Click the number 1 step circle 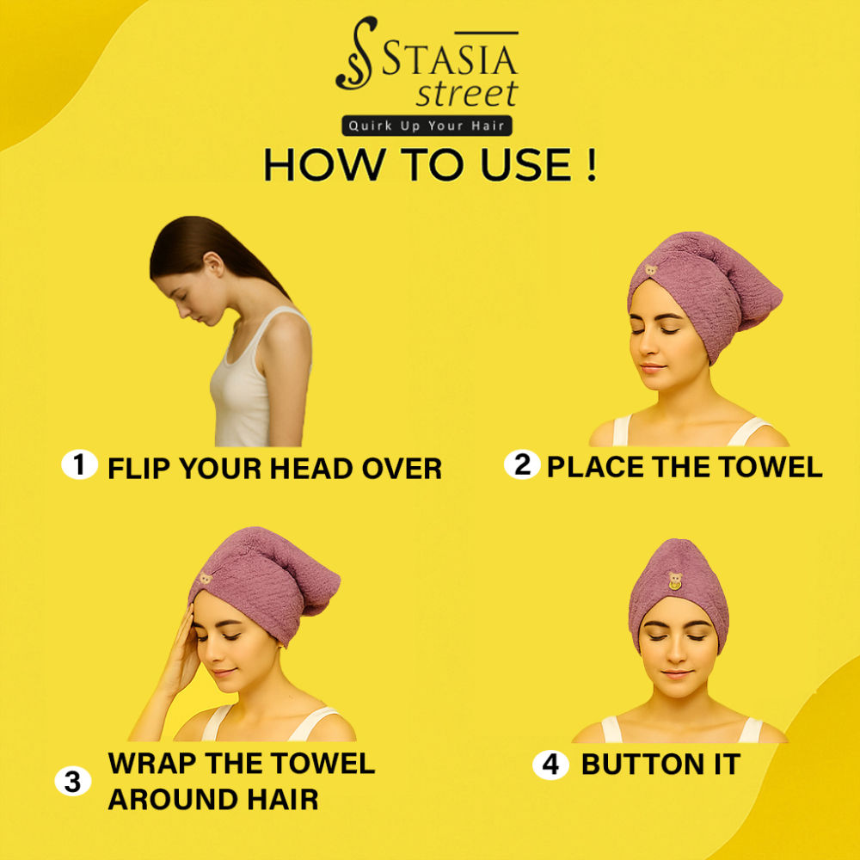pos(79,464)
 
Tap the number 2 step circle pos(522,464)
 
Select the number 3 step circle pos(73,781)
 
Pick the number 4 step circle pos(550,765)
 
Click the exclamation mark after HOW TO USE pos(591,165)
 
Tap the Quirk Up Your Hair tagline pos(427,126)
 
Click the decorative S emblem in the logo pos(357,53)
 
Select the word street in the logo pos(467,93)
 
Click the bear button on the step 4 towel pos(675,580)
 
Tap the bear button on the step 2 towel pos(650,270)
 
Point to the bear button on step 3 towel pos(206,578)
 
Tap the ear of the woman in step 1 pos(214,264)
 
